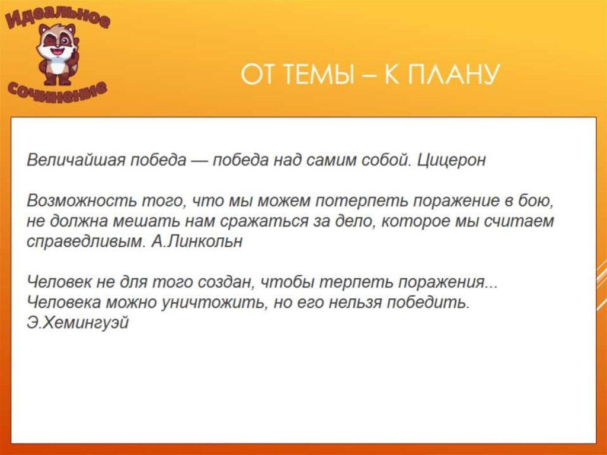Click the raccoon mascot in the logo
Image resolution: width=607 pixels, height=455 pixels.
tap(57, 54)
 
